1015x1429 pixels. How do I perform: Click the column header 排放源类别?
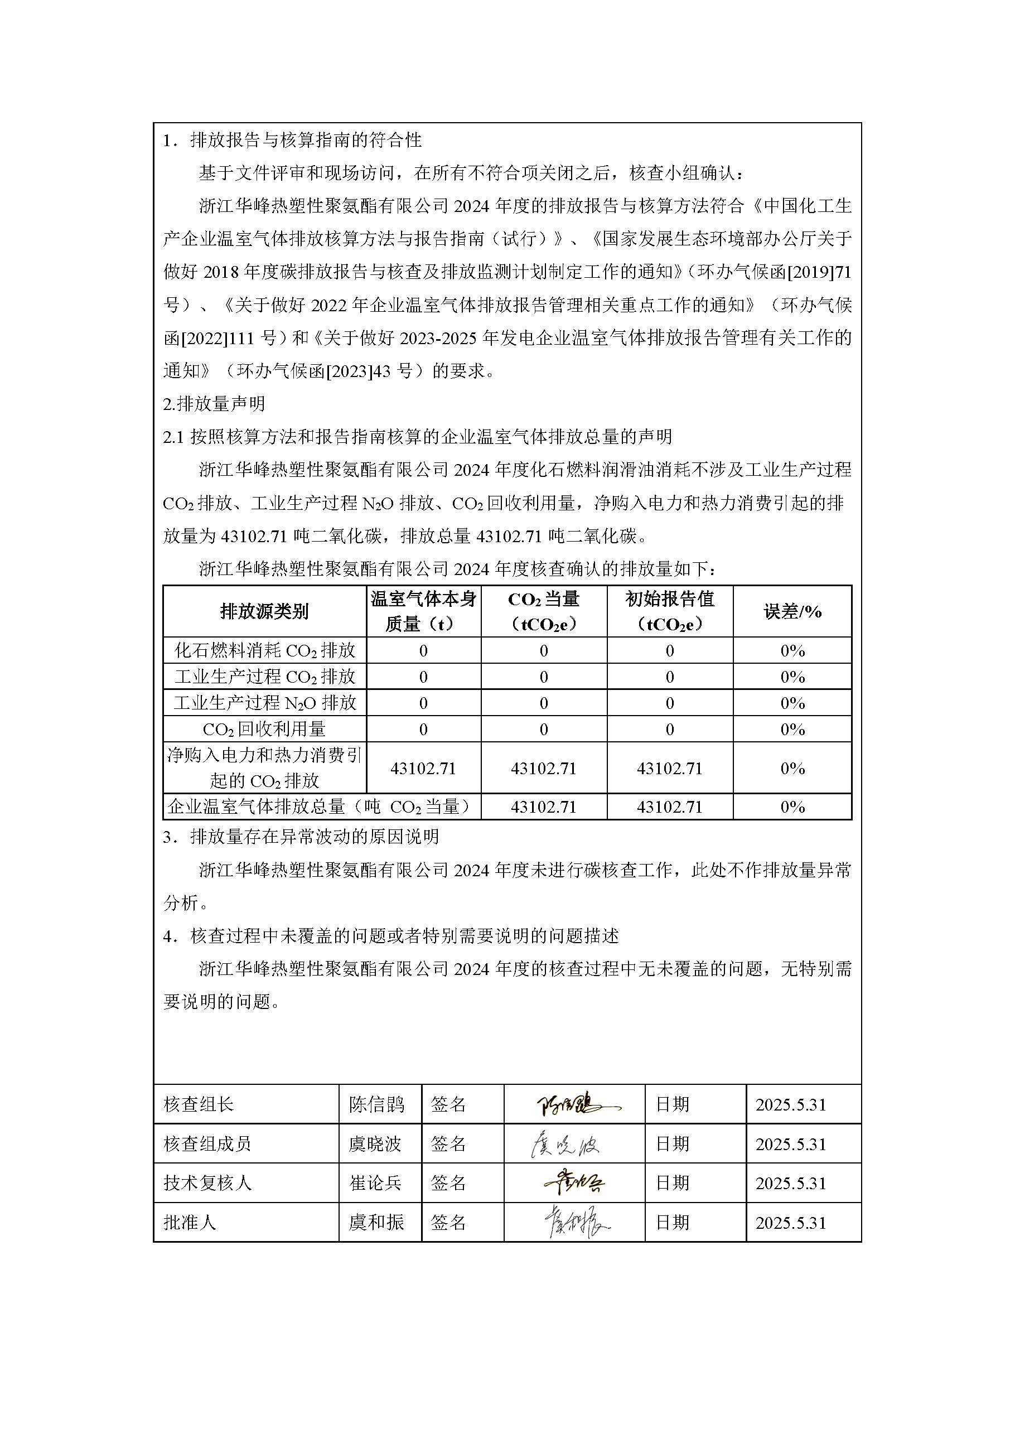[x=264, y=611]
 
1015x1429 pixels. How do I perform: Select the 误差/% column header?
[x=792, y=611]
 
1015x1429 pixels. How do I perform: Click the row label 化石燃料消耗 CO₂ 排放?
[x=264, y=651]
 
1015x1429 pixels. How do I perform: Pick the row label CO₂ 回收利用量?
[x=264, y=729]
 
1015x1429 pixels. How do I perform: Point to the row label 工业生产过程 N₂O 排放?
[x=264, y=703]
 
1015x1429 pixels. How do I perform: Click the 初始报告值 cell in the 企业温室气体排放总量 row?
[x=669, y=807]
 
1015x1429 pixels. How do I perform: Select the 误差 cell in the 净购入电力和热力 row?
[x=792, y=768]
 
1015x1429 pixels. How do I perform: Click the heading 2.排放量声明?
[x=214, y=404]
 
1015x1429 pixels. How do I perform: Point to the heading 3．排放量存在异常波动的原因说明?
[x=301, y=837]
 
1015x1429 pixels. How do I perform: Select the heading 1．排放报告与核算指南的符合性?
[x=292, y=140]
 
